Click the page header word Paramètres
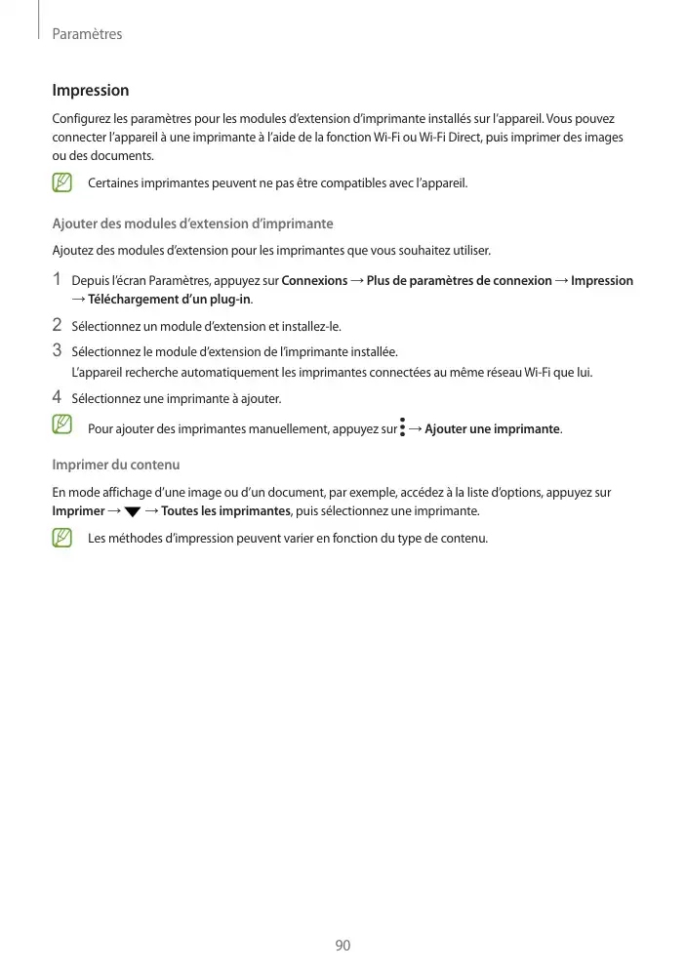click(x=87, y=34)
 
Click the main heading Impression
click(x=90, y=91)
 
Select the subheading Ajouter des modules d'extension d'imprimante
click(x=192, y=224)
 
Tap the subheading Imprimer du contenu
click(x=115, y=465)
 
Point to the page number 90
click(x=343, y=946)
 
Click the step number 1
click(x=58, y=280)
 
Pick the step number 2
click(x=58, y=325)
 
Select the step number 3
click(x=58, y=349)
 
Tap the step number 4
click(x=58, y=397)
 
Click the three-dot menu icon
click(x=402, y=428)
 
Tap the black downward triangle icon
click(x=133, y=511)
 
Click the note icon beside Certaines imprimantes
click(x=63, y=182)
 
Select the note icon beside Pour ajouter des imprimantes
click(x=63, y=425)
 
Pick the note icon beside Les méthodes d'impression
click(x=63, y=538)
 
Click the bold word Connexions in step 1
click(x=314, y=281)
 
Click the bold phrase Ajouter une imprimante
click(x=492, y=429)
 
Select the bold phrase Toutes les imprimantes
click(x=219, y=511)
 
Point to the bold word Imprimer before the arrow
click(x=78, y=511)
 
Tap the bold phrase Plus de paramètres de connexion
click(x=459, y=281)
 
